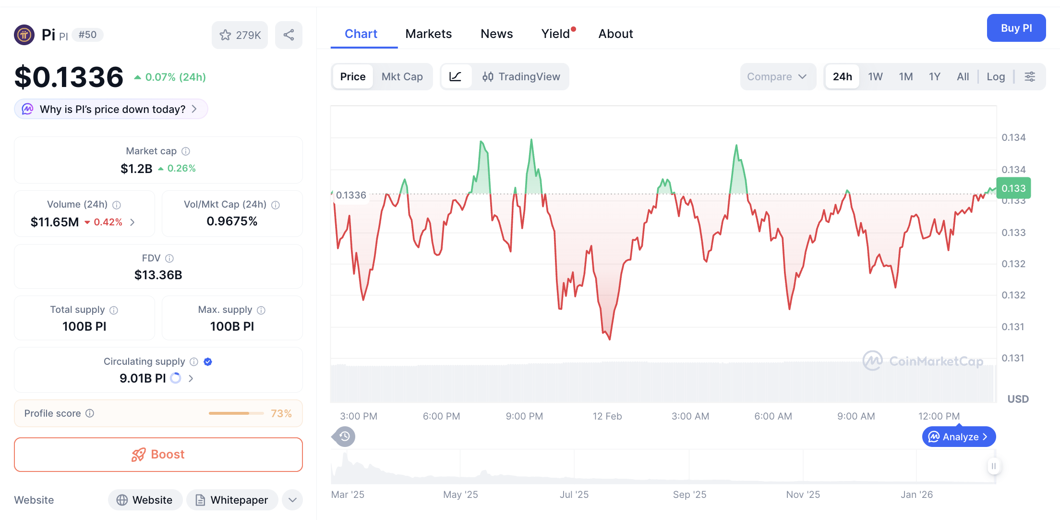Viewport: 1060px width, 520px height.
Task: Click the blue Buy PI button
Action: tap(1016, 28)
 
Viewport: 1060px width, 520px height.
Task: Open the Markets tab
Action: tap(428, 34)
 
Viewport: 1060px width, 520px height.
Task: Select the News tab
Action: tap(496, 34)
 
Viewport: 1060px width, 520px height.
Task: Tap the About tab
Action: tap(615, 34)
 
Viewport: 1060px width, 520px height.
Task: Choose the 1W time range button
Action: tap(875, 76)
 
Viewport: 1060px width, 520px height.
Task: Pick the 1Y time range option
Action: tap(934, 76)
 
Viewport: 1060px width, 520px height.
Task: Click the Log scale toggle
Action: tap(996, 76)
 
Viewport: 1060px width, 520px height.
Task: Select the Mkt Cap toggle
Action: tap(402, 76)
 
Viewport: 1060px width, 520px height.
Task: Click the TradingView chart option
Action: tap(521, 76)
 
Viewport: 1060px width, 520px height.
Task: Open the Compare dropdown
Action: tap(777, 76)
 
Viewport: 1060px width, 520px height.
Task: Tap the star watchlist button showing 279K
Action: tap(240, 35)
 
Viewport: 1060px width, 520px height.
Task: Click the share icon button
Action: tap(289, 35)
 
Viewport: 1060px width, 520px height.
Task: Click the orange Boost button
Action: tap(158, 454)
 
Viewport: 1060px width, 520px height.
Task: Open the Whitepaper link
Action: tap(232, 500)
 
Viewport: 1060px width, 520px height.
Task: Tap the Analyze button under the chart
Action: tap(959, 436)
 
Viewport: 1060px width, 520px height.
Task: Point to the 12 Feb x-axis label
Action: tap(607, 416)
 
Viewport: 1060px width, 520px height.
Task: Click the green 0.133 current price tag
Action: tap(1013, 188)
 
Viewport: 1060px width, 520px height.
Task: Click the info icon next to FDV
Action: tap(169, 258)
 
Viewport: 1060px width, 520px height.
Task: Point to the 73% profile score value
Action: tap(281, 413)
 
